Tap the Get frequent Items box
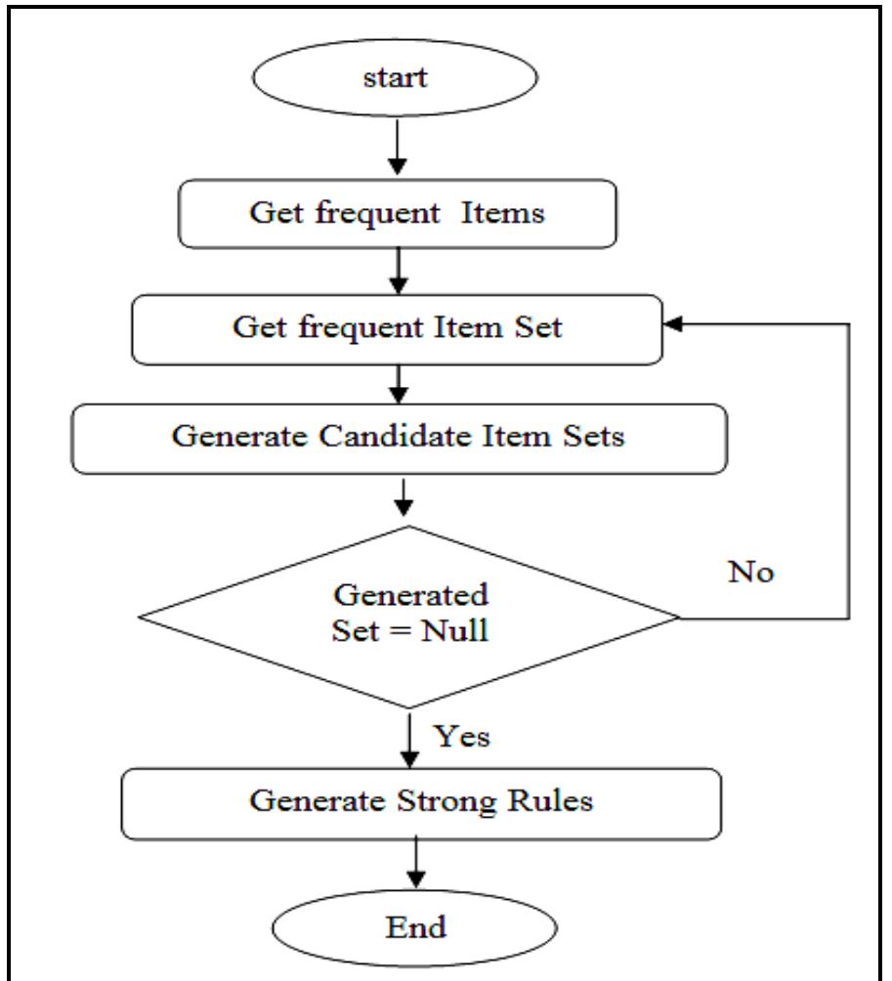[x=397, y=216]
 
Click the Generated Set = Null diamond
[x=410, y=618]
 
